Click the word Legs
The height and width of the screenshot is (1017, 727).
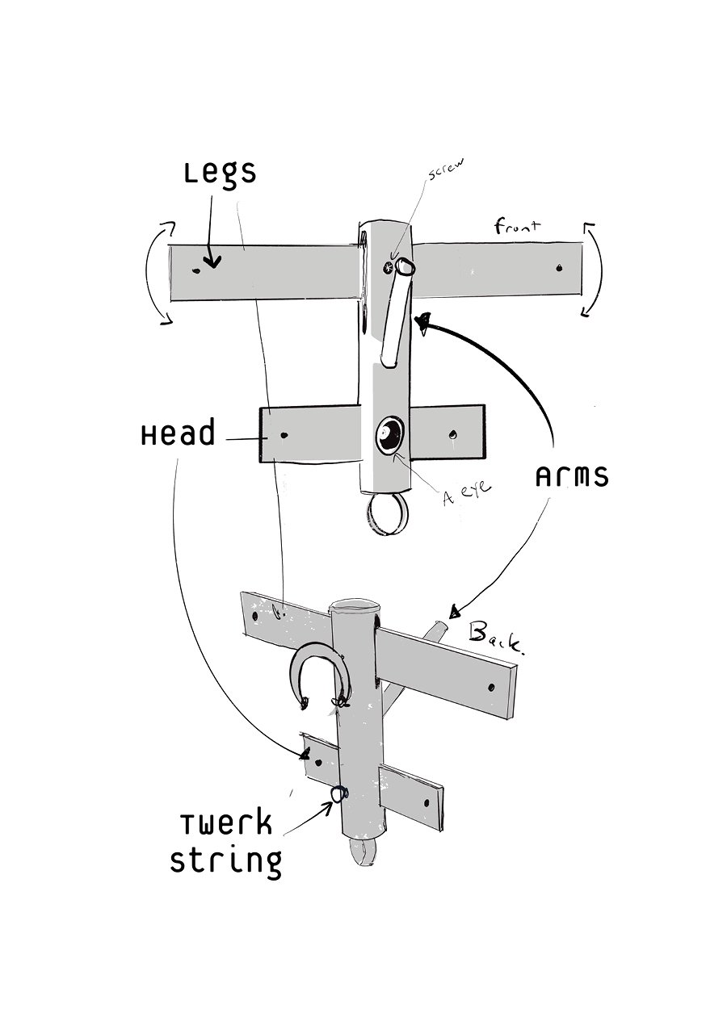[x=220, y=174]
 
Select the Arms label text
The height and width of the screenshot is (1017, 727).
[x=572, y=477]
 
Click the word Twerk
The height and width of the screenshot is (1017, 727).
[x=226, y=823]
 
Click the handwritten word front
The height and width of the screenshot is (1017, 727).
[x=518, y=226]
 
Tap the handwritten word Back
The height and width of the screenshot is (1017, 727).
[x=497, y=638]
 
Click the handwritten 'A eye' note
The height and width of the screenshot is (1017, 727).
[x=467, y=492]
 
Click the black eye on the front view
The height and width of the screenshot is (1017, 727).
[x=389, y=434]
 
